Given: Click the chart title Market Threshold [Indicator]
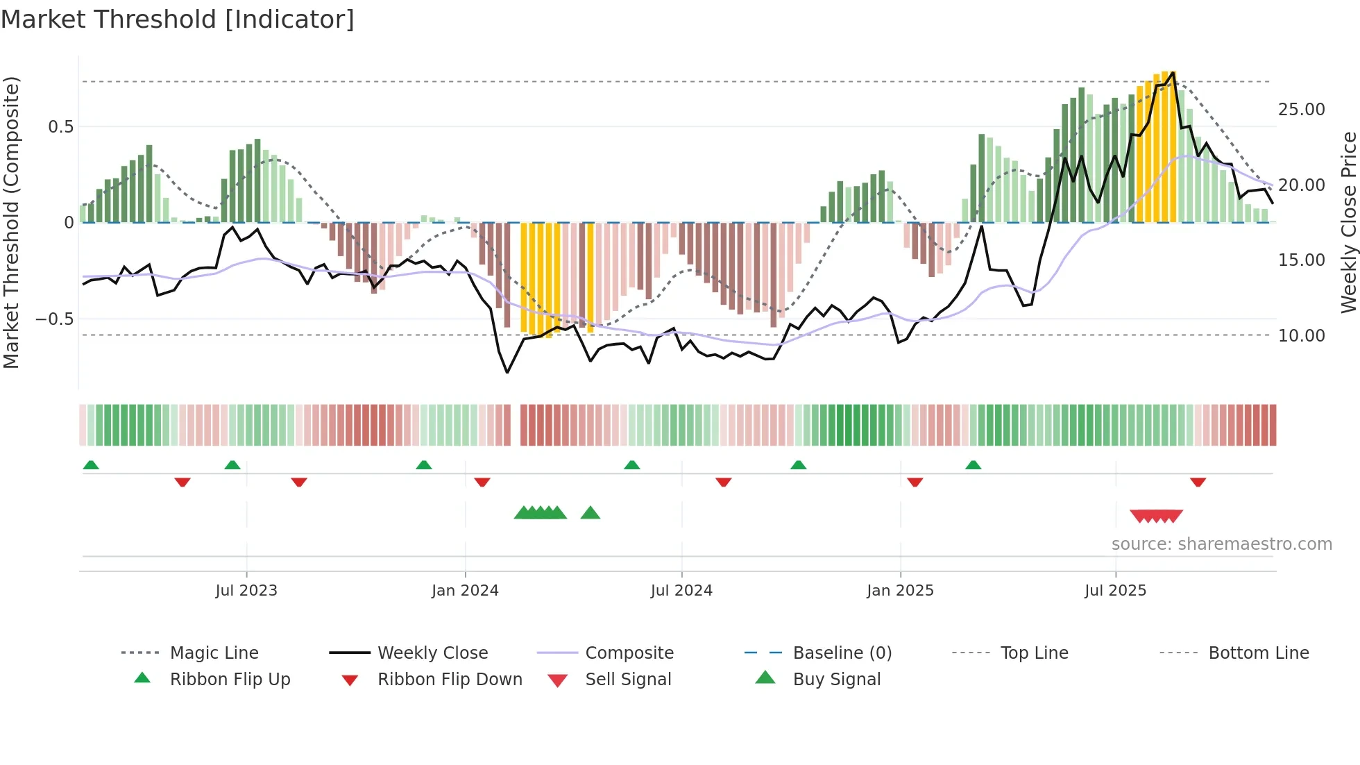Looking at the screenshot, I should pyautogui.click(x=178, y=19).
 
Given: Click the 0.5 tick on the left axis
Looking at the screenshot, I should pyautogui.click(x=60, y=126).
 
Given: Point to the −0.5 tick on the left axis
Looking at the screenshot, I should pyautogui.click(x=55, y=319).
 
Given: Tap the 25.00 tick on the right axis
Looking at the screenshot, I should pyautogui.click(x=1301, y=110).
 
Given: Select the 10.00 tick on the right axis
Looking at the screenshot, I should pyautogui.click(x=1301, y=336).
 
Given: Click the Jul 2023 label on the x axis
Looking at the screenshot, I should pyautogui.click(x=246, y=591).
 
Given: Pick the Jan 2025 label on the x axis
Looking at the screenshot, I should pyautogui.click(x=900, y=591).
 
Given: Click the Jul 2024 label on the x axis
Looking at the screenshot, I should pyautogui.click(x=681, y=591).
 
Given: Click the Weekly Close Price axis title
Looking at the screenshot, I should pyautogui.click(x=1348, y=222).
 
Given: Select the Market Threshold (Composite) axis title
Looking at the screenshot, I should pyautogui.click(x=11, y=222).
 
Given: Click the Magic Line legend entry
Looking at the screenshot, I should pyautogui.click(x=214, y=653).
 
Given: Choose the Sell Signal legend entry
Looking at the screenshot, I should pyautogui.click(x=628, y=680).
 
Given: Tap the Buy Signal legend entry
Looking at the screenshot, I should pyautogui.click(x=836, y=680).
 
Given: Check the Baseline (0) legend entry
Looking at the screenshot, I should pyautogui.click(x=842, y=653).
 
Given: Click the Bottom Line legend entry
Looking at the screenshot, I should pyautogui.click(x=1258, y=653).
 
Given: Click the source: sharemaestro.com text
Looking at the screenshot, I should pyautogui.click(x=1221, y=544).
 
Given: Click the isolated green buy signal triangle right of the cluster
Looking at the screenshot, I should pyautogui.click(x=590, y=513).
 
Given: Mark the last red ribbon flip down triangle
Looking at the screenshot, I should pyautogui.click(x=1198, y=482).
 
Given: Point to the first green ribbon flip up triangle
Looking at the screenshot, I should pyautogui.click(x=91, y=465).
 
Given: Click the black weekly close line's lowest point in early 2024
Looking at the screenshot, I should pyautogui.click(x=507, y=372).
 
